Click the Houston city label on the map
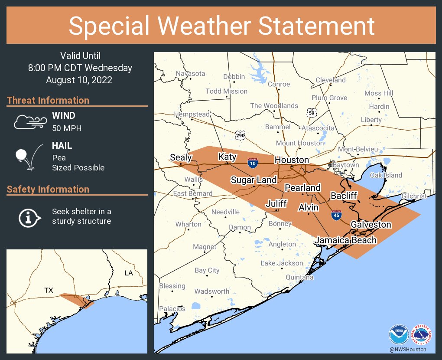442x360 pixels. pos(292,160)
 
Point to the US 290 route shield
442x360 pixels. pos(240,135)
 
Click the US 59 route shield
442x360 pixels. pos(311,113)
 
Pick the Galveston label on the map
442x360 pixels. pos(370,225)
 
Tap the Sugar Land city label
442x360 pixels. pos(253,180)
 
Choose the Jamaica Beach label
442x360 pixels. pos(345,240)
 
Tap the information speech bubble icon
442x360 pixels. pos(29,217)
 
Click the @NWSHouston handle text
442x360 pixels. pos(407,349)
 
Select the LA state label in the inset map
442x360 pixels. pos(129,273)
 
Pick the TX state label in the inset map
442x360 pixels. pos(49,290)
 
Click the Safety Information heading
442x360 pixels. pos(48,189)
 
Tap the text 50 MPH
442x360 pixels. pos(67,128)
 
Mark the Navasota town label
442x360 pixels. pos(190,74)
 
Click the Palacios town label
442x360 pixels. pos(172,309)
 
